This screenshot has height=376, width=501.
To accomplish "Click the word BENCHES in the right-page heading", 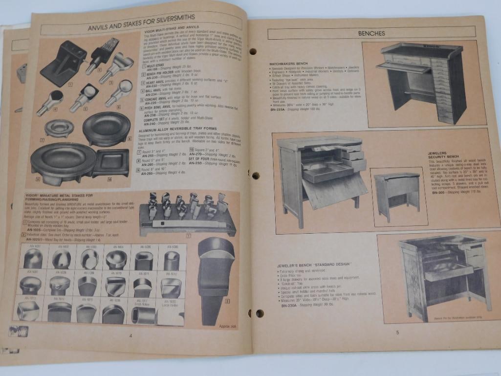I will (x=371, y=34).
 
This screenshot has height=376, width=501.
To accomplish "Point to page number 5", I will (x=397, y=332).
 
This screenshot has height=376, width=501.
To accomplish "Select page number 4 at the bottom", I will (x=131, y=335).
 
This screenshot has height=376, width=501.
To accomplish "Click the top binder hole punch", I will (x=253, y=51).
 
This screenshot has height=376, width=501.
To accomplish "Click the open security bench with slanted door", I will (x=323, y=178).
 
